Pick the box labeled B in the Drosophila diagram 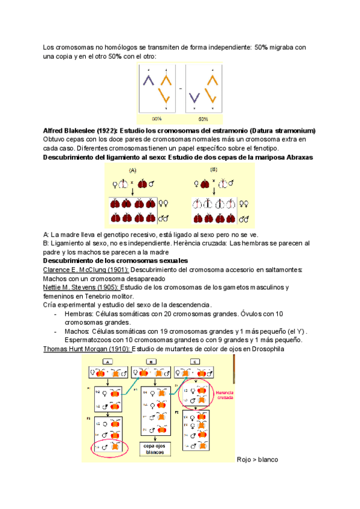[151, 361]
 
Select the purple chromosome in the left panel [149, 79]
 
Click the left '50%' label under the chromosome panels [157, 118]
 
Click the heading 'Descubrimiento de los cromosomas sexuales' [116, 261]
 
